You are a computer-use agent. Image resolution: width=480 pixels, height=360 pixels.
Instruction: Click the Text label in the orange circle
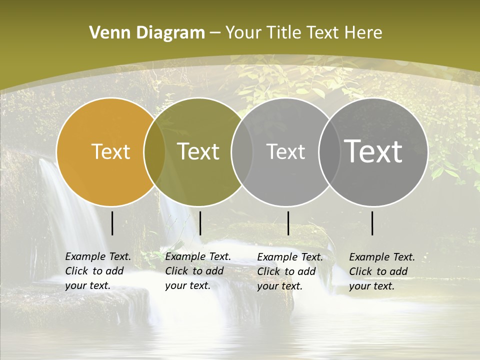click(x=110, y=151)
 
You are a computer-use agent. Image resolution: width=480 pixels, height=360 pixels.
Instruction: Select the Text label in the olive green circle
click(x=198, y=151)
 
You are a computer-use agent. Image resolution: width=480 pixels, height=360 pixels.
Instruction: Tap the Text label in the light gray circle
click(x=285, y=151)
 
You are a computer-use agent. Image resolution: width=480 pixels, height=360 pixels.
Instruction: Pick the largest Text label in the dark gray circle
click(x=373, y=151)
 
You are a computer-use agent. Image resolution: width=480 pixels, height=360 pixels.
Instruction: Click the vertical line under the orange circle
click(x=112, y=223)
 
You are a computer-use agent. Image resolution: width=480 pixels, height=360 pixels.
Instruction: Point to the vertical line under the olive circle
click(x=200, y=223)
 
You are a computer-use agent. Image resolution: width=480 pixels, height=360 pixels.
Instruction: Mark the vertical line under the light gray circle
click(x=288, y=223)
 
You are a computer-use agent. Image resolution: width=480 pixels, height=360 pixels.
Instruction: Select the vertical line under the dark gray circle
click(x=372, y=223)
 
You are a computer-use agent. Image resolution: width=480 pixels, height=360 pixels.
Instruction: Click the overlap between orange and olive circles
click(x=154, y=152)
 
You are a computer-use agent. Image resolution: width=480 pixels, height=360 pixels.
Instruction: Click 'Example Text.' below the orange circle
click(x=98, y=256)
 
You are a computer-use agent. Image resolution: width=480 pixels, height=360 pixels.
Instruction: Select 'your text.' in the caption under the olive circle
click(x=187, y=285)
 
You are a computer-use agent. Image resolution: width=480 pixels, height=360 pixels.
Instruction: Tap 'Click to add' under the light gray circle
click(x=286, y=271)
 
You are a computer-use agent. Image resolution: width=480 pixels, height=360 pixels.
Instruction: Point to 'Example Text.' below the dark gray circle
click(x=382, y=257)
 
